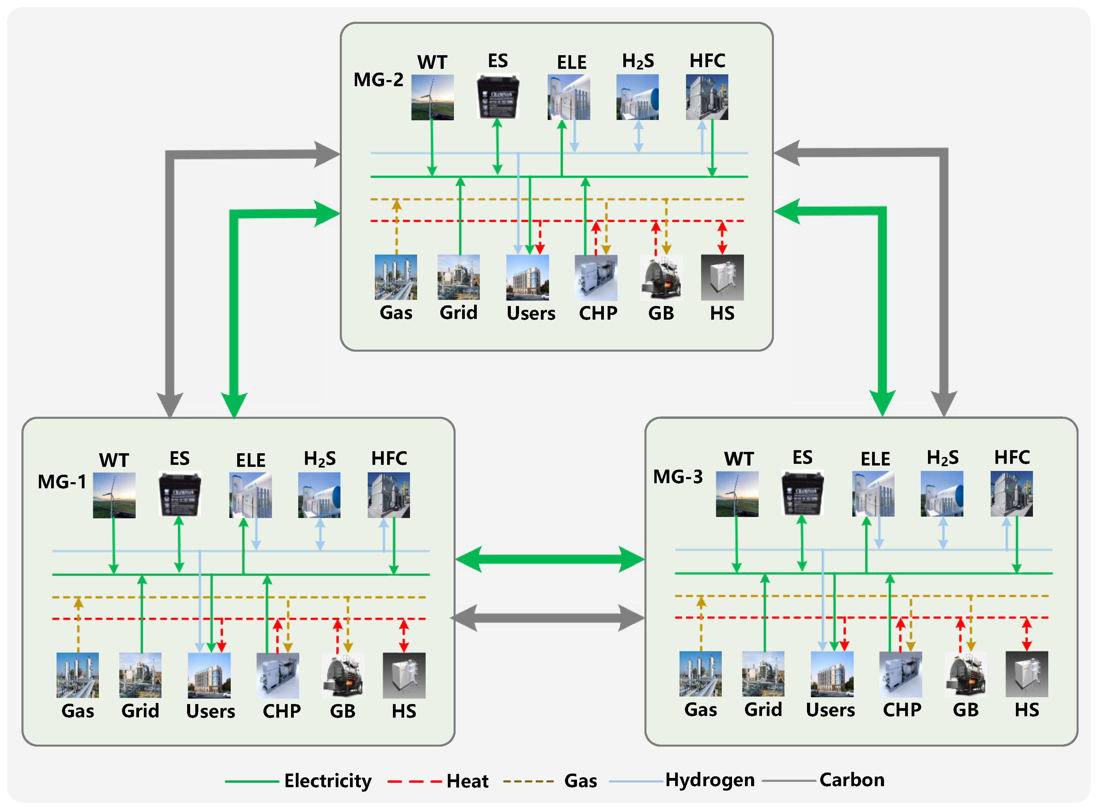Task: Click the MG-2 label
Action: coord(378,79)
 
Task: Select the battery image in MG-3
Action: coord(802,493)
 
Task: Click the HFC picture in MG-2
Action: coord(707,97)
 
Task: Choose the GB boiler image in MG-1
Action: coord(343,675)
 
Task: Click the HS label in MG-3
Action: coord(1026,709)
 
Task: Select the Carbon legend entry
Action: coord(852,780)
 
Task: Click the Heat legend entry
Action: coord(467,781)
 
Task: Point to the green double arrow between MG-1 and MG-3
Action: coord(549,559)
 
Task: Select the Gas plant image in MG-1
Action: coord(77,675)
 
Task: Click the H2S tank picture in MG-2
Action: coord(637,97)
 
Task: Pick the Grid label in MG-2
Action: coord(458,312)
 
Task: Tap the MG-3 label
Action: coord(678,476)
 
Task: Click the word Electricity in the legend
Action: coord(327,781)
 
